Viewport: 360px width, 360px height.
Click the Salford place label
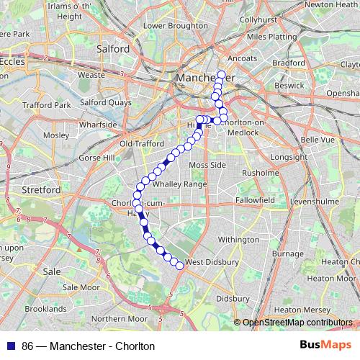(113, 49)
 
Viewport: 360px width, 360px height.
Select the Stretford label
(40, 190)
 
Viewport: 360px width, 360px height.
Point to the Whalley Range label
(179, 184)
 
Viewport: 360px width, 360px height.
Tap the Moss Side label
(207, 165)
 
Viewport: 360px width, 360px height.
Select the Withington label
(238, 239)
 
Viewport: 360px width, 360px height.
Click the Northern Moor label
(119, 318)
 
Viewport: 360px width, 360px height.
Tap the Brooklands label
(45, 308)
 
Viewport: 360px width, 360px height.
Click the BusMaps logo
(325, 346)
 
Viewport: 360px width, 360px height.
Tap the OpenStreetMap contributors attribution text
(297, 323)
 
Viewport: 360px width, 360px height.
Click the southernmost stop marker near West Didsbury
(179, 266)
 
